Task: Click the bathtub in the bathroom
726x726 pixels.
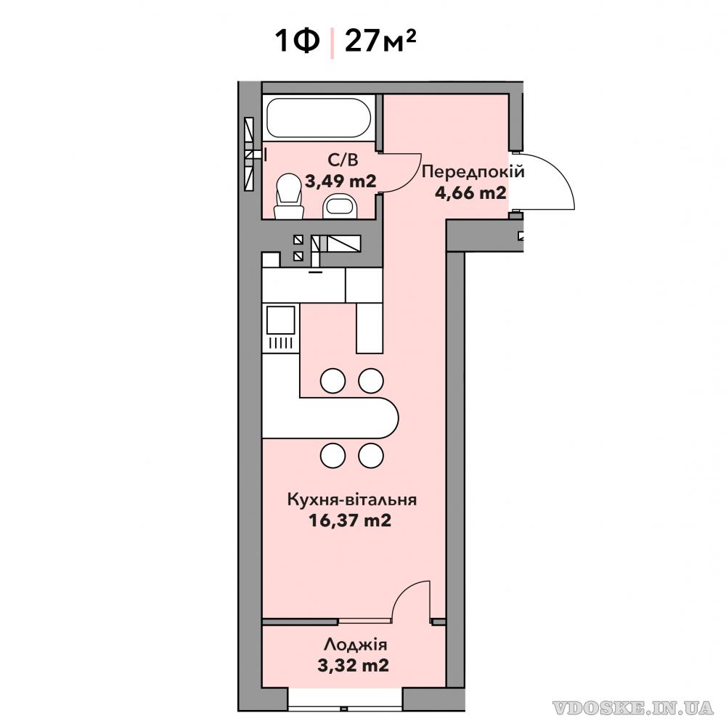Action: coord(319,118)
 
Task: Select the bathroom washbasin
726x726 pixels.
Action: coord(340,206)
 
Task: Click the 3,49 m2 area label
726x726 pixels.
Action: coord(340,181)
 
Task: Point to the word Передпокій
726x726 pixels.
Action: coord(473,172)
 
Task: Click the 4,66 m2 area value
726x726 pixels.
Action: coord(470,192)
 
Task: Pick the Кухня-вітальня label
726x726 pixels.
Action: coord(352,500)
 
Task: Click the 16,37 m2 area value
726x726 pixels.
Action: coord(350,521)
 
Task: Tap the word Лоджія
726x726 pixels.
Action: coord(356,645)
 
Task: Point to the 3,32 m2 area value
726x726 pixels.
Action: coord(354,666)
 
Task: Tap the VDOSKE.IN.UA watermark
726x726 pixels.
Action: coord(633,707)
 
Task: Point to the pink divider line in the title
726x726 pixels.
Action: coord(332,43)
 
